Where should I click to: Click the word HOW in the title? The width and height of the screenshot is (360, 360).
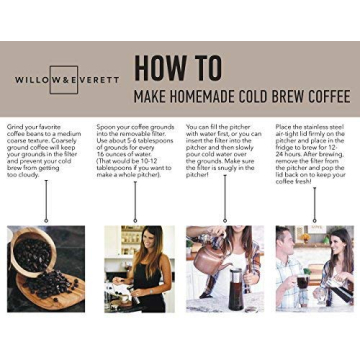point(164,68)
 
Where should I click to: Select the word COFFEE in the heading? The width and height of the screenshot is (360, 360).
point(321,97)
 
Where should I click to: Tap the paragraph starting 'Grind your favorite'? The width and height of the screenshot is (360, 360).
point(45,149)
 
